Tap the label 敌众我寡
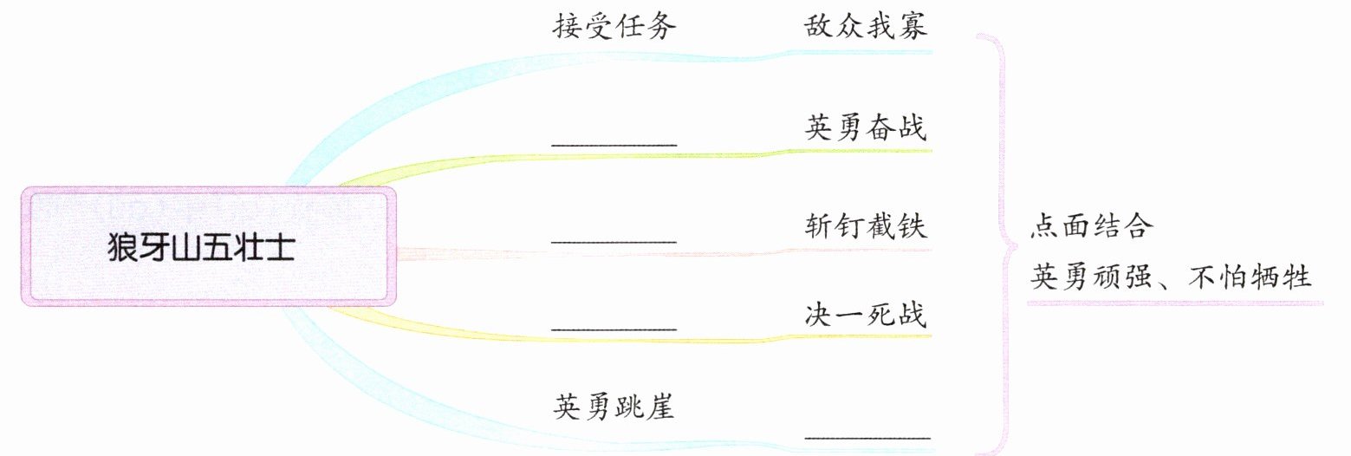click(x=865, y=27)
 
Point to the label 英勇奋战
click(x=865, y=128)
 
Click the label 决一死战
click(x=865, y=315)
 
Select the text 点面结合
click(x=1092, y=226)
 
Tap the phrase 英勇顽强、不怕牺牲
click(x=1171, y=278)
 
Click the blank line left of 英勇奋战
click(x=614, y=143)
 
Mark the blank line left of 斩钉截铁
click(x=614, y=240)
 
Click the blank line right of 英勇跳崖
click(x=867, y=438)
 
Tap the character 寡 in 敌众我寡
click(x=912, y=27)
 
